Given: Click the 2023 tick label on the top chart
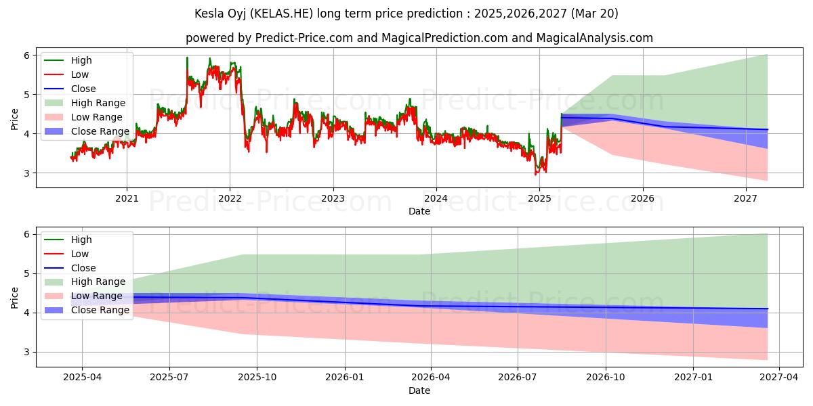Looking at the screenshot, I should coord(333,198).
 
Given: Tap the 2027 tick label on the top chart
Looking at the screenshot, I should coord(745,198).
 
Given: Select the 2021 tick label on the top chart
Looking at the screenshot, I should coord(127,198).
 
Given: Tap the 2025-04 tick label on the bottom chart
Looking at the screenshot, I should coord(82,378).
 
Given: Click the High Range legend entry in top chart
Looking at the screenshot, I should coord(98,103).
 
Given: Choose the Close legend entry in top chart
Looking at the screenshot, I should coord(83,89).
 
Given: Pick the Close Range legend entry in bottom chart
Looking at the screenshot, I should coord(100,310).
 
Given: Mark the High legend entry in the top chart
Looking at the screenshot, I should coord(81,60).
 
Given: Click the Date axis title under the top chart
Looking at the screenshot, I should coord(419,211).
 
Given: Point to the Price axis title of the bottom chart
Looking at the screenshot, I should coord(14,297).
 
